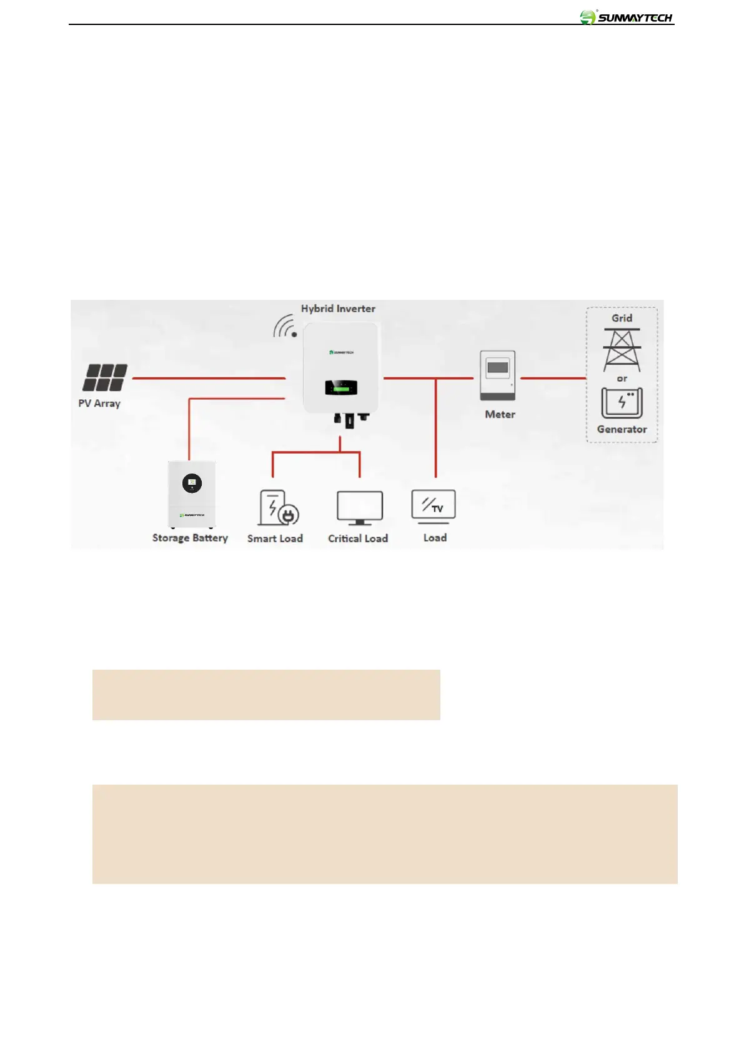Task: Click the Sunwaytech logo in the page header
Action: (x=626, y=17)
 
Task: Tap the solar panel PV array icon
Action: (x=105, y=378)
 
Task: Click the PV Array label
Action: (x=99, y=404)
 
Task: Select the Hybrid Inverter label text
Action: (x=338, y=309)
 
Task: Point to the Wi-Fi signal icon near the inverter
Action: (x=285, y=327)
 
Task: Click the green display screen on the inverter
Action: (x=341, y=389)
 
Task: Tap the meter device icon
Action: (x=498, y=375)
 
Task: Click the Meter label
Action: (x=500, y=414)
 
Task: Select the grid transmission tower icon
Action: (x=622, y=350)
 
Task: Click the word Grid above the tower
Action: (x=622, y=318)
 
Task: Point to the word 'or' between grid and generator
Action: (x=622, y=379)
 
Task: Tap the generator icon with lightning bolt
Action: (x=622, y=403)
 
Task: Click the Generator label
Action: (x=622, y=429)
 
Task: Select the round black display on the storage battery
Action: (x=192, y=483)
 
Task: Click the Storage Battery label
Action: (x=190, y=538)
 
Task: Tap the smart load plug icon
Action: (x=279, y=508)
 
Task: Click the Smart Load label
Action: (x=275, y=538)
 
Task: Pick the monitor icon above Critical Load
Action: (x=360, y=507)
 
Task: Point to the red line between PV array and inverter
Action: (x=209, y=378)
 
